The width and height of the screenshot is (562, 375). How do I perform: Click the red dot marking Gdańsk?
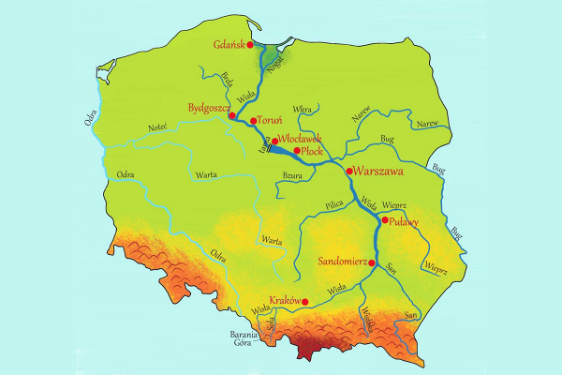click(250, 44)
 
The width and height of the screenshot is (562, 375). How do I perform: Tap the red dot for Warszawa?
click(349, 172)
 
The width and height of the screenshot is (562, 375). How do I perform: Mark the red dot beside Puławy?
click(385, 220)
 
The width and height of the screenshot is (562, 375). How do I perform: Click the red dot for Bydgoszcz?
click(244, 116)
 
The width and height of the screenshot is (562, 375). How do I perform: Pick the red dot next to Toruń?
click(253, 121)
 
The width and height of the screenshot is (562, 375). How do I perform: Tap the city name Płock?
click(315, 151)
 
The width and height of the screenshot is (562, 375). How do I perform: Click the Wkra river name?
click(302, 110)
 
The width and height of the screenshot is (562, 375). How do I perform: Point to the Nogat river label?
click(274, 65)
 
